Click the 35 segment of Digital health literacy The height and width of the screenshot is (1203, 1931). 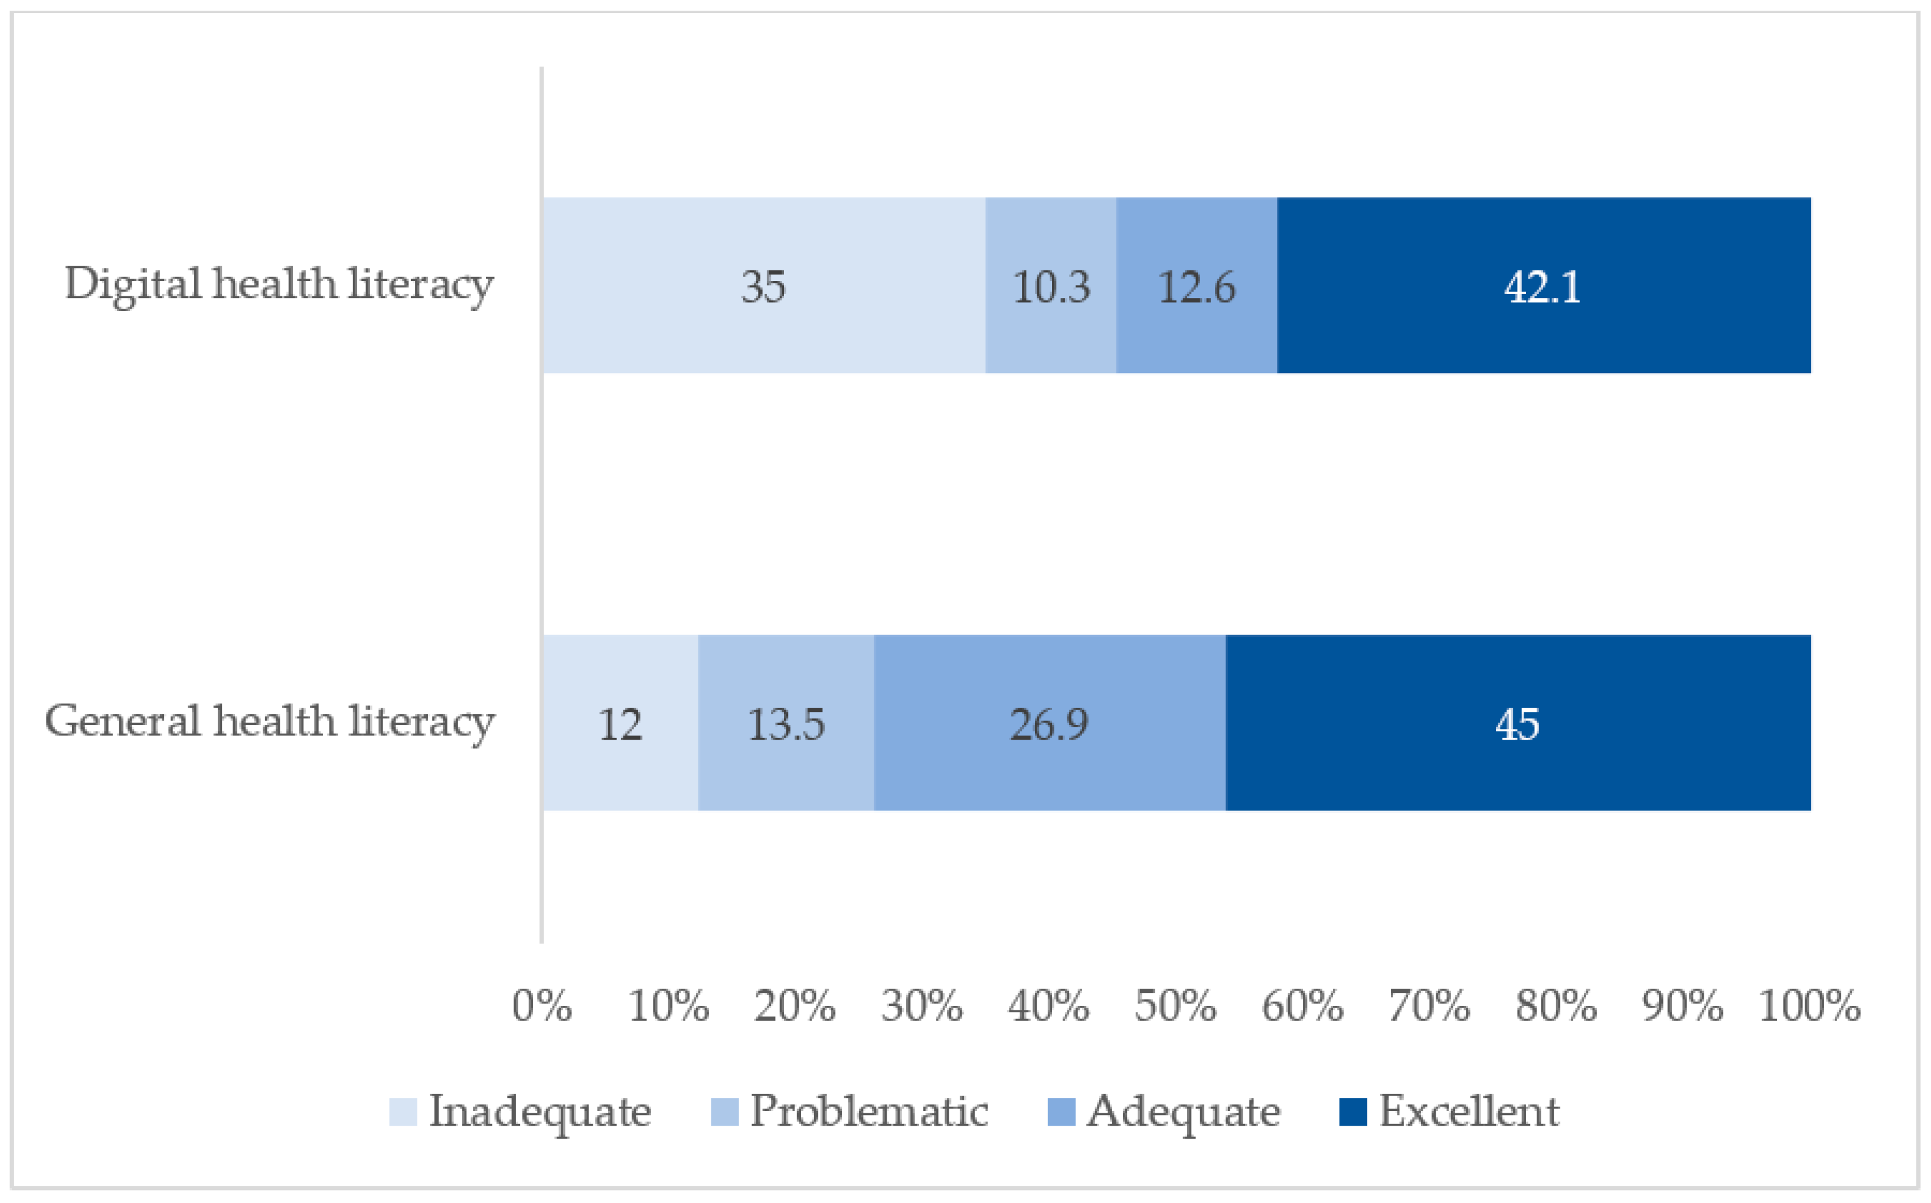763,286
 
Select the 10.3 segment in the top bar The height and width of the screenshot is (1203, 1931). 1050,286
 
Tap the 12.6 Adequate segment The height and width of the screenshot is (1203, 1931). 1196,286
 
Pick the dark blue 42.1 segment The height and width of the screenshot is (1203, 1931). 1543,286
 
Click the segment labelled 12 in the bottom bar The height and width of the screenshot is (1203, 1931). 620,723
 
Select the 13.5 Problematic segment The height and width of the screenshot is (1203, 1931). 785,723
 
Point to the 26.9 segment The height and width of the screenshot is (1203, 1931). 1048,723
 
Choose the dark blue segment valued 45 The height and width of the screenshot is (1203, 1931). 1517,723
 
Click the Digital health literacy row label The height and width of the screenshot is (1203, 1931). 279,285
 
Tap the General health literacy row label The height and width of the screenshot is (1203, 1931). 269,723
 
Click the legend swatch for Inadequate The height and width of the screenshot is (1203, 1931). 403,1112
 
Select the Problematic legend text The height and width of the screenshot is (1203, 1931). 869,1111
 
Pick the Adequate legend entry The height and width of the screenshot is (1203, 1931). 1183,1112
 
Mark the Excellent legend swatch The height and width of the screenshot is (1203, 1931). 1352,1112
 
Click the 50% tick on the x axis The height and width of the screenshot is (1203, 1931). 1175,1006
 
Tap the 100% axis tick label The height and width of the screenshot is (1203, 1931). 1808,1006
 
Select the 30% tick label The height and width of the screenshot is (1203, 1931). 922,1006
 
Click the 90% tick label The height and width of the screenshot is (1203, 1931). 1682,1006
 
